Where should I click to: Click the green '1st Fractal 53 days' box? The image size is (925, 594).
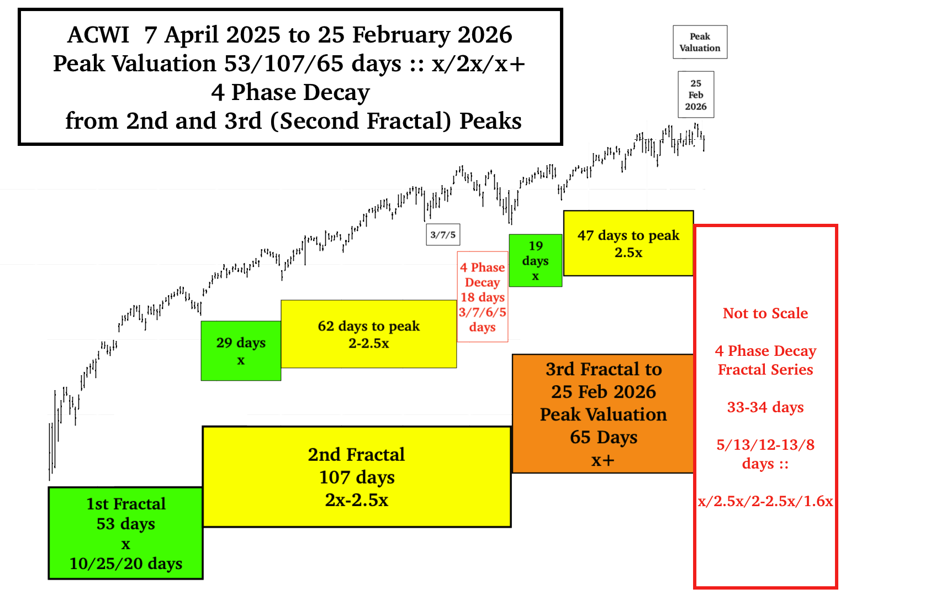[x=125, y=533]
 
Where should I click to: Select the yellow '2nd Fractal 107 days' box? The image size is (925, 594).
[x=357, y=477]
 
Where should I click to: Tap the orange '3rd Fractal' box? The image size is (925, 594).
[x=603, y=413]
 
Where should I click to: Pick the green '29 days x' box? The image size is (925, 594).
[x=241, y=351]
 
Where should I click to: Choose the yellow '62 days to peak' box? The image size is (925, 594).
[x=369, y=334]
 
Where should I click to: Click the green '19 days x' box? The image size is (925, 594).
[x=536, y=260]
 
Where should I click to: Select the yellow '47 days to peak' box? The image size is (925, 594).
[x=628, y=243]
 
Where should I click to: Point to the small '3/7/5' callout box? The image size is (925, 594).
[x=443, y=235]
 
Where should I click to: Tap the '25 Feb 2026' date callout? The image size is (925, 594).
[x=696, y=94]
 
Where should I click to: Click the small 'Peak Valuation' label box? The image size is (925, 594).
[x=700, y=42]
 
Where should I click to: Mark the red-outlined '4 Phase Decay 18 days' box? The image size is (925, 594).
[x=483, y=297]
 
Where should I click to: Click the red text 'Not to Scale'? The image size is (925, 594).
[x=765, y=313]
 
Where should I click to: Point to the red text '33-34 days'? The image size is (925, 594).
[x=765, y=407]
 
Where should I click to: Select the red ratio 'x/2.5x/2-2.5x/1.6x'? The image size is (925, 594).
[x=765, y=501]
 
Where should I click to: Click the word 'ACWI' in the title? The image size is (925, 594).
[x=98, y=35]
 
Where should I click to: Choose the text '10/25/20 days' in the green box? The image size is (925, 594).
[x=125, y=564]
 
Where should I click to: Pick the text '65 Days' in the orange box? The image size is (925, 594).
[x=603, y=437]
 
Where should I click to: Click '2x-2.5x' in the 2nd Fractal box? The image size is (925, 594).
[x=357, y=500]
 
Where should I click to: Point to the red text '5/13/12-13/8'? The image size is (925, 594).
[x=765, y=445]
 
